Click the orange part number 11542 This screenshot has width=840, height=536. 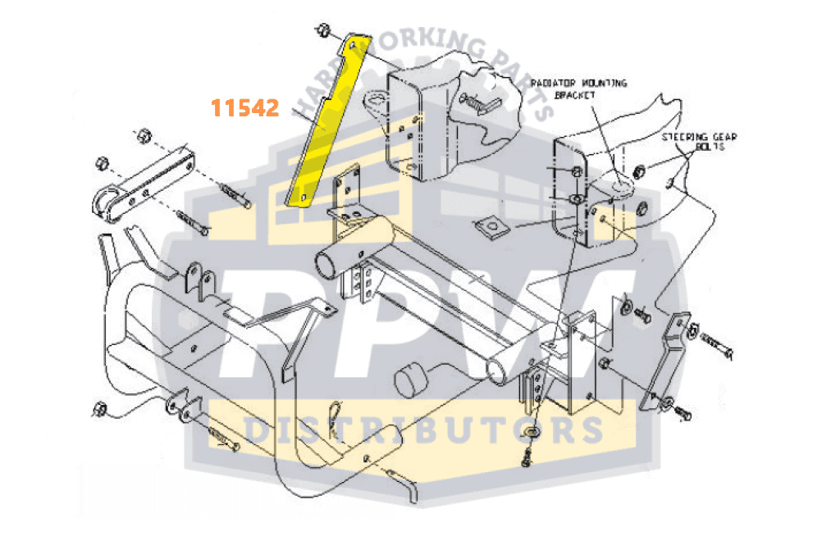coord(245,107)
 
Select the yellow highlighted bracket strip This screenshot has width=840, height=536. coord(326,123)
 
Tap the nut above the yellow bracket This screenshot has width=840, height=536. coord(322,33)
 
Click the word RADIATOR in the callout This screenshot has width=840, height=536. coord(555,84)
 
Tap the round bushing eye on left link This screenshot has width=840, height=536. coord(105,202)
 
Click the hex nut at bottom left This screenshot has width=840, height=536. coord(100,407)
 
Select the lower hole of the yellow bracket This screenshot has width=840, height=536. coord(303,197)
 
